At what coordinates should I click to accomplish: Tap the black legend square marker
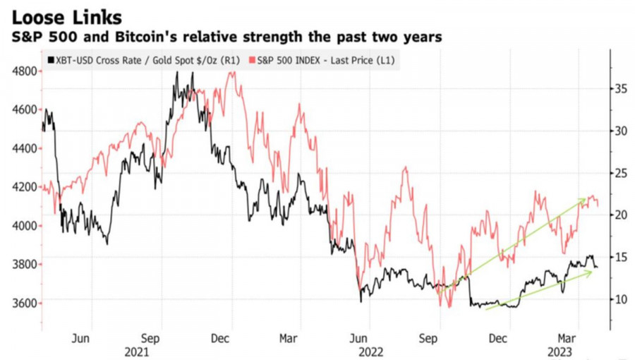[49, 61]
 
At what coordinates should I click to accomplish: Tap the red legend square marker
[253, 61]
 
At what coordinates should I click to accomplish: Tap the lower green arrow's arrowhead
[591, 272]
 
